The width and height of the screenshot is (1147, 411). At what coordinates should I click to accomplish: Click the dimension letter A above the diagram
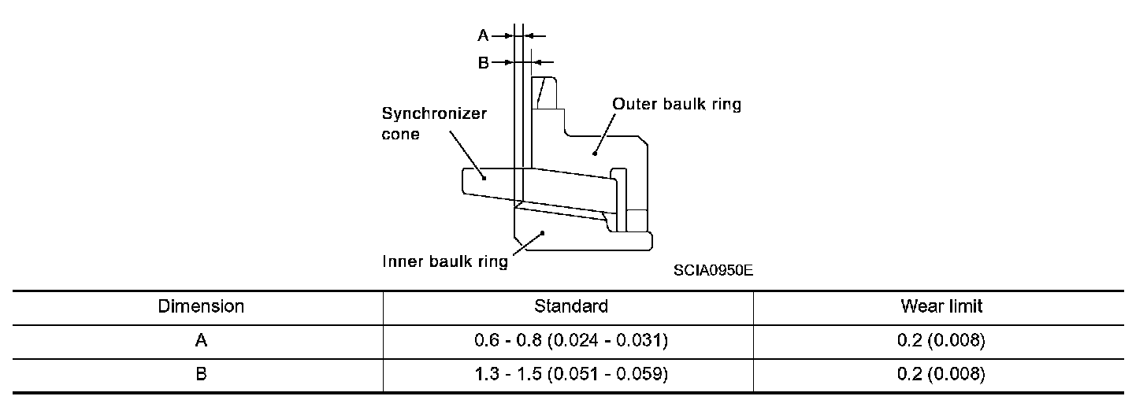pyautogui.click(x=484, y=35)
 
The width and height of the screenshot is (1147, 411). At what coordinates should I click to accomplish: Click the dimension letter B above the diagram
pyautogui.click(x=484, y=63)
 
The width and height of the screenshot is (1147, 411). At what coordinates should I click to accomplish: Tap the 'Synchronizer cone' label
pyautogui.click(x=434, y=124)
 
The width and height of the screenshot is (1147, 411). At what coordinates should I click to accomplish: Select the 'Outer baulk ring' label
pyautogui.click(x=677, y=104)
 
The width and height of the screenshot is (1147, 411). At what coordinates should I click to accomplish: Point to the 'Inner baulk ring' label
pyautogui.click(x=445, y=262)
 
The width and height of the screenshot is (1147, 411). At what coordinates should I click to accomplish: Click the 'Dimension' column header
pyautogui.click(x=201, y=305)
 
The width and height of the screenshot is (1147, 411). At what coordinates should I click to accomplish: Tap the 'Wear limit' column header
pyautogui.click(x=942, y=305)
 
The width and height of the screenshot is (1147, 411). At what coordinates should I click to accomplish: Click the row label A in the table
pyautogui.click(x=201, y=341)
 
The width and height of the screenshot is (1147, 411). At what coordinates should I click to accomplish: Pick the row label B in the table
pyautogui.click(x=201, y=375)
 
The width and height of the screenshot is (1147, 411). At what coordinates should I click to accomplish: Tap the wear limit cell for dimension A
pyautogui.click(x=942, y=341)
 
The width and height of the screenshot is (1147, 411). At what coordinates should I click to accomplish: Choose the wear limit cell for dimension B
pyautogui.click(x=942, y=375)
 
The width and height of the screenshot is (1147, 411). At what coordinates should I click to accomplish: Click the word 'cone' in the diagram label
pyautogui.click(x=401, y=135)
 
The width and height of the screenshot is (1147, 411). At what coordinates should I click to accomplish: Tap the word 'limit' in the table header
pyautogui.click(x=967, y=305)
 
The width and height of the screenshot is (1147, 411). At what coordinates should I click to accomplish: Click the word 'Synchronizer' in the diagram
pyautogui.click(x=434, y=113)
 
